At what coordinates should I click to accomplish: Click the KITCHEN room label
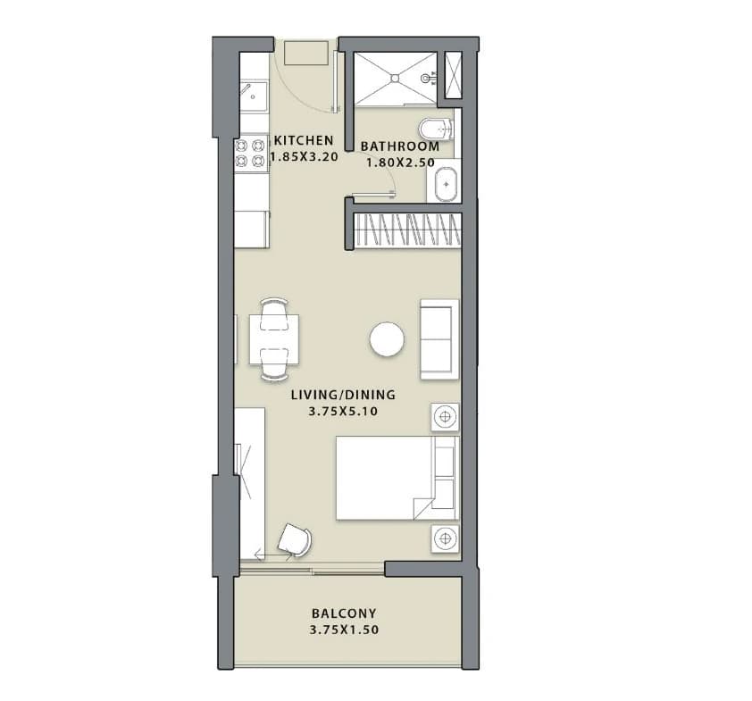pos(304,140)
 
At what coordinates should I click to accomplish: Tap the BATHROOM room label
pos(400,146)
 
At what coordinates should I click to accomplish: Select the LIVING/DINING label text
pos(343,395)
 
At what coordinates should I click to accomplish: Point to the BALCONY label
pos(344,613)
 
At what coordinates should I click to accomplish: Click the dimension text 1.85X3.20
pos(305,157)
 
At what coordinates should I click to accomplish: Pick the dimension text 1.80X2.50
pos(400,163)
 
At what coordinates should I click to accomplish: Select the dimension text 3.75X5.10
pos(343,411)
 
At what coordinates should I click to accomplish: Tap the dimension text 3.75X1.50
pos(344,630)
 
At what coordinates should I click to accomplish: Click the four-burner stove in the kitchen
pos(251,154)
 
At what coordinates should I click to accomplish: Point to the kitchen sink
pos(254,96)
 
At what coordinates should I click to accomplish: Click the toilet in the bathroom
pos(436,129)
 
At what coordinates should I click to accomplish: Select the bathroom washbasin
pos(446,184)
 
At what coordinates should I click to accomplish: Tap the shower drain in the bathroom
pos(395,78)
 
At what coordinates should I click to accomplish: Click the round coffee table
pos(387,339)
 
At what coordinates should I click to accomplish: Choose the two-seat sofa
pos(439,339)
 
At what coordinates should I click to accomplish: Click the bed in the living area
pos(397,478)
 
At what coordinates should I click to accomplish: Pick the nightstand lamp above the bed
pos(445,417)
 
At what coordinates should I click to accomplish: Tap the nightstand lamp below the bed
pos(445,538)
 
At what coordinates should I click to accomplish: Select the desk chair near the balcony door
pos(295,540)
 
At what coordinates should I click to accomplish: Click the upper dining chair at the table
pos(274,314)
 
